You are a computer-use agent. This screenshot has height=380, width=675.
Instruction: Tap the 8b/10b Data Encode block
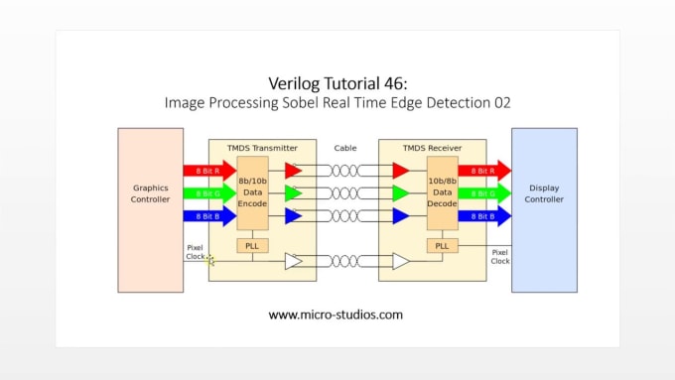(x=253, y=191)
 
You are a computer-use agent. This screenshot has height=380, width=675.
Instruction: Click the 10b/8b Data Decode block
(x=442, y=191)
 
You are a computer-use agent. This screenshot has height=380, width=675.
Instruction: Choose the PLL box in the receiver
(x=442, y=245)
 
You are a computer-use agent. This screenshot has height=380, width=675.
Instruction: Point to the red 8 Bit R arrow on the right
(x=483, y=170)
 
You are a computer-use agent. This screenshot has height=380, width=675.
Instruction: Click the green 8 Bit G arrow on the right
(x=483, y=192)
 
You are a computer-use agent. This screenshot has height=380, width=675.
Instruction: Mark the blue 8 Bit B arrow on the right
(x=483, y=215)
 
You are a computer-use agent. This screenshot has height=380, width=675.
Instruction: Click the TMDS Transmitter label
(x=262, y=148)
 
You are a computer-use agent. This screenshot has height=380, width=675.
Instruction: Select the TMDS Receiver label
(x=428, y=148)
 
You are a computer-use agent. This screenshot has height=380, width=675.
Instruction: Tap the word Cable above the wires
(x=345, y=148)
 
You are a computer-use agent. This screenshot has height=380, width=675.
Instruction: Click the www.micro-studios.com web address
(x=337, y=315)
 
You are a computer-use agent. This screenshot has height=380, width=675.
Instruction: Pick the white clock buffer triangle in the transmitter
(x=293, y=262)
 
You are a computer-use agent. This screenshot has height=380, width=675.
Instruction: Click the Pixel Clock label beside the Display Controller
(x=500, y=256)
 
